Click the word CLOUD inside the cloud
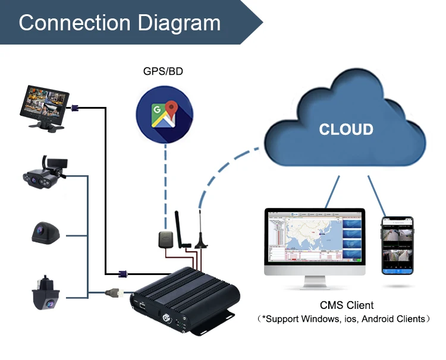[346, 130]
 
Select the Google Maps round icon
[164, 115]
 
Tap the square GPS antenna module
[165, 239]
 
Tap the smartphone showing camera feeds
[397, 245]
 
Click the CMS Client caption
[347, 305]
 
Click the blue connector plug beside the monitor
[76, 108]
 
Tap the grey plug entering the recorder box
[115, 292]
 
